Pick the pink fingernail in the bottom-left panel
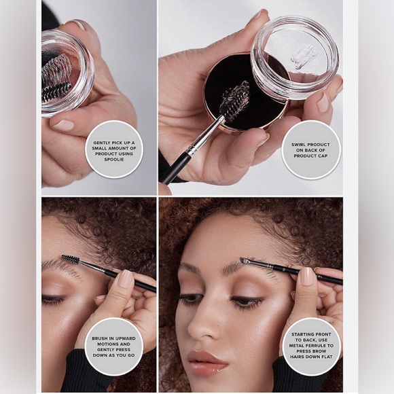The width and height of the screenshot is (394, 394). [126, 277]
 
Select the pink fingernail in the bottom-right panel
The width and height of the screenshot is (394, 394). [307, 276]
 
